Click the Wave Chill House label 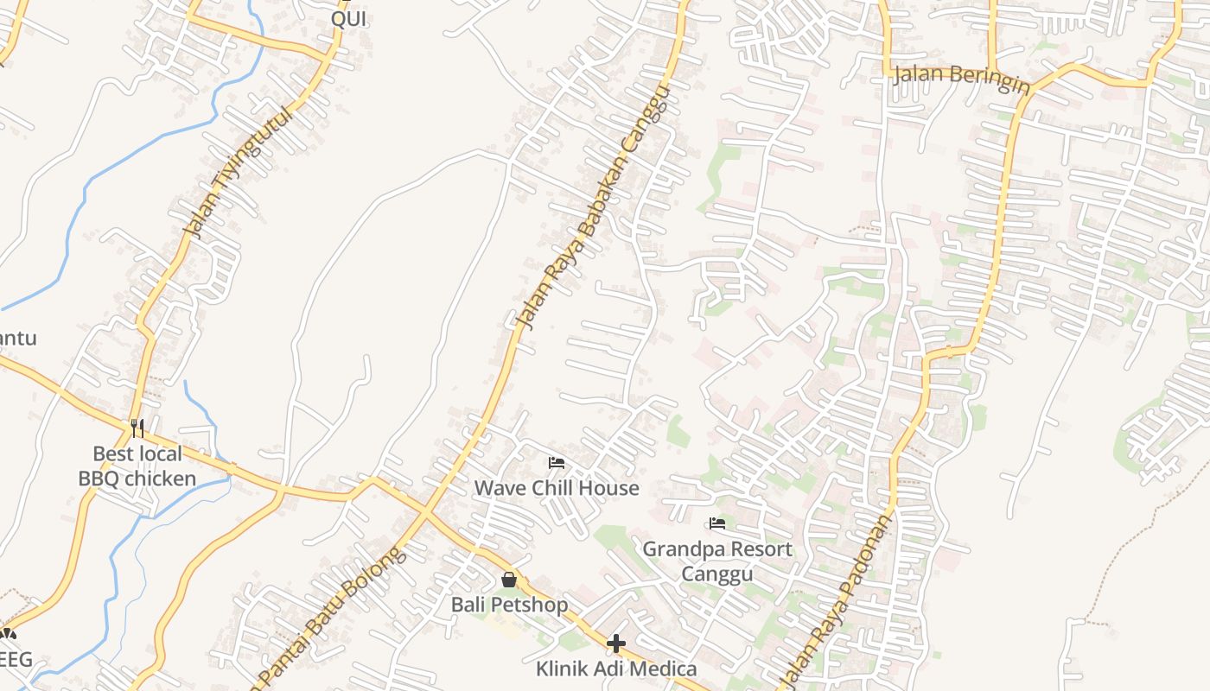pos(557,488)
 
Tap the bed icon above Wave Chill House pos(557,464)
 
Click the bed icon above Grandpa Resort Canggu pos(716,523)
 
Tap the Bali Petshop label pos(509,605)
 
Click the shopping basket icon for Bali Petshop pos(509,580)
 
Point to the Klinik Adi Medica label pos(616,669)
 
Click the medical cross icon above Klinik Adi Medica pos(616,643)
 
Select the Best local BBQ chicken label pos(137,466)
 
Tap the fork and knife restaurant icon pos(137,428)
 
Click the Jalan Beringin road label pos(961,77)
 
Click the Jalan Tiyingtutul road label pos(239,172)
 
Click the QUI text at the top pos(349,19)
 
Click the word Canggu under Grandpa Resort pos(716,574)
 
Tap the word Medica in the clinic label pos(665,669)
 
